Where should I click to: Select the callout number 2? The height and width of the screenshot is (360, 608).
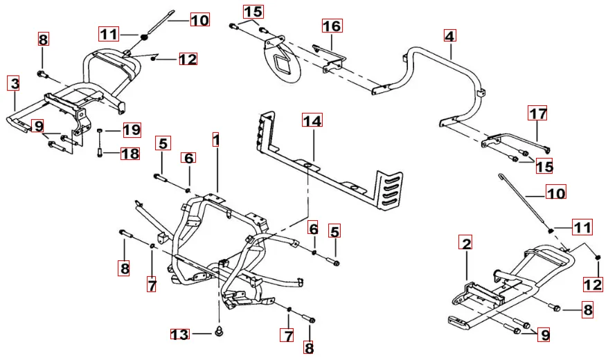467,243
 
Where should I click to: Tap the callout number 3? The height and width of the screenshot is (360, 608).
14,84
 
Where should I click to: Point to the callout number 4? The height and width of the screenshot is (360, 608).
449,35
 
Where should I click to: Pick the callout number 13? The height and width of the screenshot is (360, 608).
179,334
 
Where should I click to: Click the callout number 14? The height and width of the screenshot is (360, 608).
312,121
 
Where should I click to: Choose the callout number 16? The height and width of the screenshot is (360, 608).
332,26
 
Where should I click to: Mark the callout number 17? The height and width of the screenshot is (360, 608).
538,112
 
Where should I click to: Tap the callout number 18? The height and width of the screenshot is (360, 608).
130,153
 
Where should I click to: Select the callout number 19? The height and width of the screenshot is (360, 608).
132,129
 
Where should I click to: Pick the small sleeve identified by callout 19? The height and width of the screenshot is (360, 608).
100,130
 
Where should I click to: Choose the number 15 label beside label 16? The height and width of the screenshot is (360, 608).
253,12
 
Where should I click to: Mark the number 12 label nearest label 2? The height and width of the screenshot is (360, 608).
593,283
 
